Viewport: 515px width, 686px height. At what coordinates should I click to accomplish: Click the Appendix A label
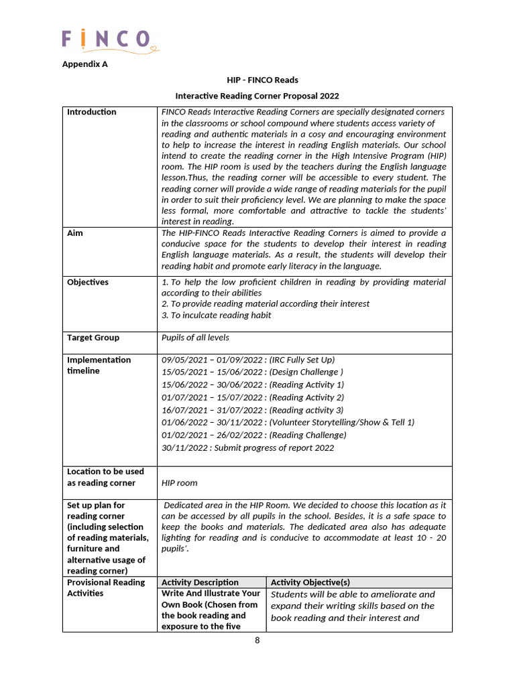(x=84, y=64)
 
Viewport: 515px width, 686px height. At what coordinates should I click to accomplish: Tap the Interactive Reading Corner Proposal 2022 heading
(x=257, y=96)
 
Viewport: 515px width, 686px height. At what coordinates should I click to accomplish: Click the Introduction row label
(x=91, y=112)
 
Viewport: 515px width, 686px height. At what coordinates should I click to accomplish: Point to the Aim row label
(x=75, y=233)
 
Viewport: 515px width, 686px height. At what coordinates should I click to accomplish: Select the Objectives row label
(x=87, y=282)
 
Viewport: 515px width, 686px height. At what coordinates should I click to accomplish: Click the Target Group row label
(x=93, y=338)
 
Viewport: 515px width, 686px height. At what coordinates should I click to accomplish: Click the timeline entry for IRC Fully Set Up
(x=248, y=360)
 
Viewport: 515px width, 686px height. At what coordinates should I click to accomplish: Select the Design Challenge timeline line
(x=252, y=372)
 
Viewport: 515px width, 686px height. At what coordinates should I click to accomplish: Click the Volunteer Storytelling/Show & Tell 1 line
(x=288, y=422)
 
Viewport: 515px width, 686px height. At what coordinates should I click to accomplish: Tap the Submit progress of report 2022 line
(x=247, y=448)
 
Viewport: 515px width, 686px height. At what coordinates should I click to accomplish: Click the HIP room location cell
(x=180, y=482)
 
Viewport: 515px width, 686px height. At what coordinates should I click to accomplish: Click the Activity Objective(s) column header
(x=310, y=582)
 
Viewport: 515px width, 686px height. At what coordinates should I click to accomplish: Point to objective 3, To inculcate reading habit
(x=217, y=315)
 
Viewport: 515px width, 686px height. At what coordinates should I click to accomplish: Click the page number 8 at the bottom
(x=257, y=640)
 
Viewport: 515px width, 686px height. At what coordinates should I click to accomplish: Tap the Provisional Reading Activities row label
(x=106, y=588)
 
